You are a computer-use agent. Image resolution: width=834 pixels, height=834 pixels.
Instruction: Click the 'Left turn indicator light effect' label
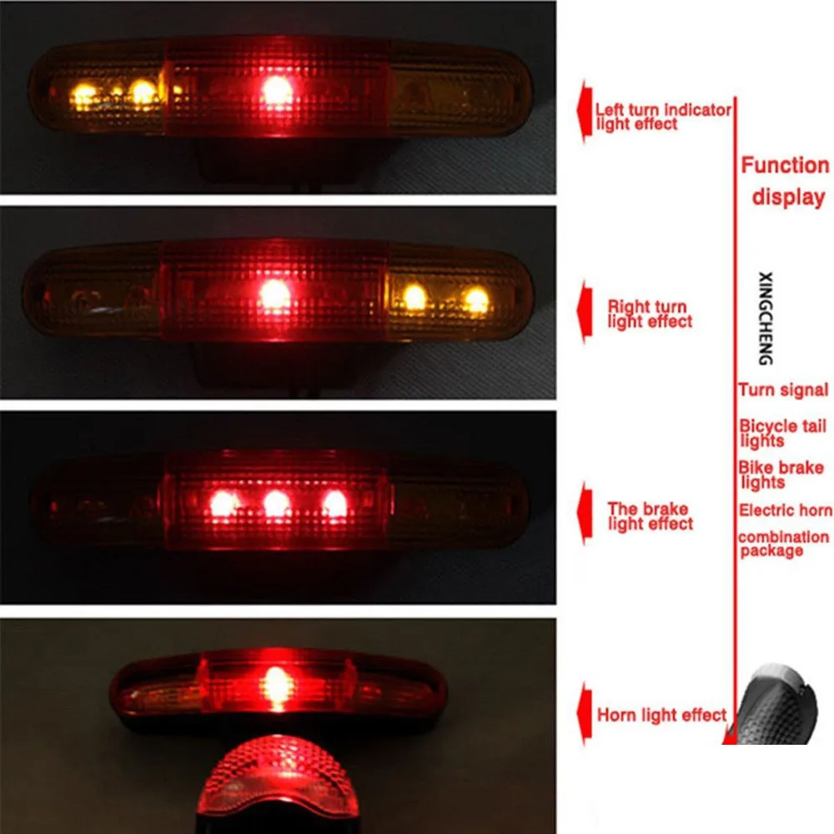[663, 117]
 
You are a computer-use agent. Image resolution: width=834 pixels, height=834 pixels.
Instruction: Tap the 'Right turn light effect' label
[650, 314]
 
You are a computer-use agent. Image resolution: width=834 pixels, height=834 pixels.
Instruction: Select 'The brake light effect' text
[650, 516]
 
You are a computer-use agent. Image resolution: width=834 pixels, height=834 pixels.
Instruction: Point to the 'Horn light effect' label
[661, 715]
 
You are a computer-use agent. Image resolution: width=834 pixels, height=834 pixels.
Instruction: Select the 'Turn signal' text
[783, 389]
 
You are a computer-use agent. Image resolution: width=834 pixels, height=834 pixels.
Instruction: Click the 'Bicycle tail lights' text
[782, 433]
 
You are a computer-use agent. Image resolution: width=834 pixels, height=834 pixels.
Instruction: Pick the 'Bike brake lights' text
[781, 475]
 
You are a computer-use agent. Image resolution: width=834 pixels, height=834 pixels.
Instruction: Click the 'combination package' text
[783, 543]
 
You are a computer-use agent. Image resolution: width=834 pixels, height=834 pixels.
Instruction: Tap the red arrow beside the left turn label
[584, 111]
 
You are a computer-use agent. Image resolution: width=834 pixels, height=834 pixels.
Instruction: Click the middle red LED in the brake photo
[276, 503]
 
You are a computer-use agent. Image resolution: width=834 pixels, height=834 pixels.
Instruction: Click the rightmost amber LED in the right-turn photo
[476, 300]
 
